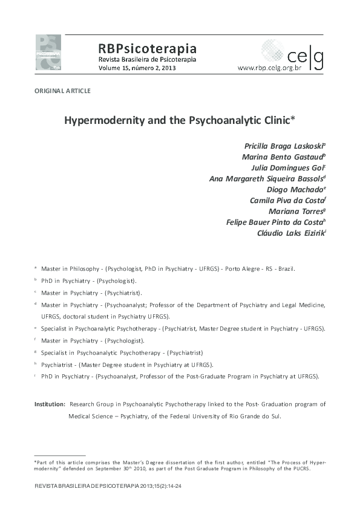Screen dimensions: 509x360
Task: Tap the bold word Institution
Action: click(x=49, y=404)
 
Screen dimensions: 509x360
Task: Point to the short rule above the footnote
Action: click(x=60, y=455)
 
